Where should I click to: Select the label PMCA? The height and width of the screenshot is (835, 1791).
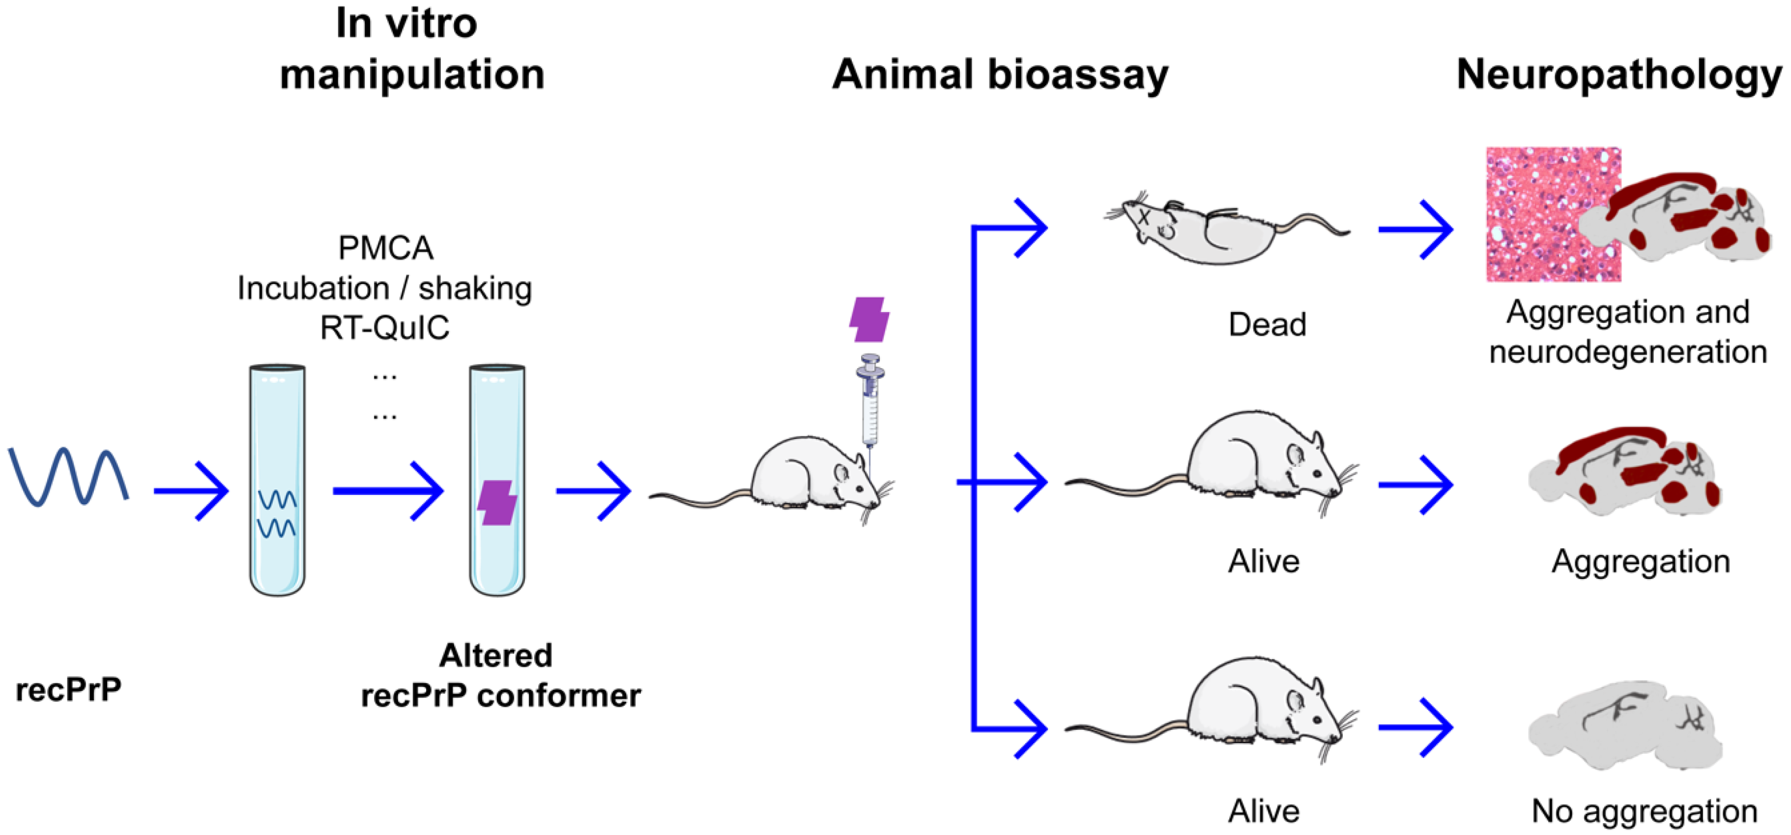click(x=385, y=248)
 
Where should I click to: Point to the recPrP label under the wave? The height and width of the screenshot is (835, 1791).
click(x=68, y=690)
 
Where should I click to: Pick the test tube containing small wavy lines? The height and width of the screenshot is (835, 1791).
click(x=277, y=480)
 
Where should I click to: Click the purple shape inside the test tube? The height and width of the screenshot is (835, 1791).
click(x=497, y=502)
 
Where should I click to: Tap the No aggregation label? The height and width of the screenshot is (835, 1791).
click(x=1644, y=810)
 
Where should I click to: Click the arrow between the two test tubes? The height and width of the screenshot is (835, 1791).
click(x=387, y=491)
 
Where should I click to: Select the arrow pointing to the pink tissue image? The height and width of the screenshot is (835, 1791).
click(x=1415, y=230)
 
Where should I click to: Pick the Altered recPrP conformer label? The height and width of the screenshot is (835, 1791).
click(x=500, y=675)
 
